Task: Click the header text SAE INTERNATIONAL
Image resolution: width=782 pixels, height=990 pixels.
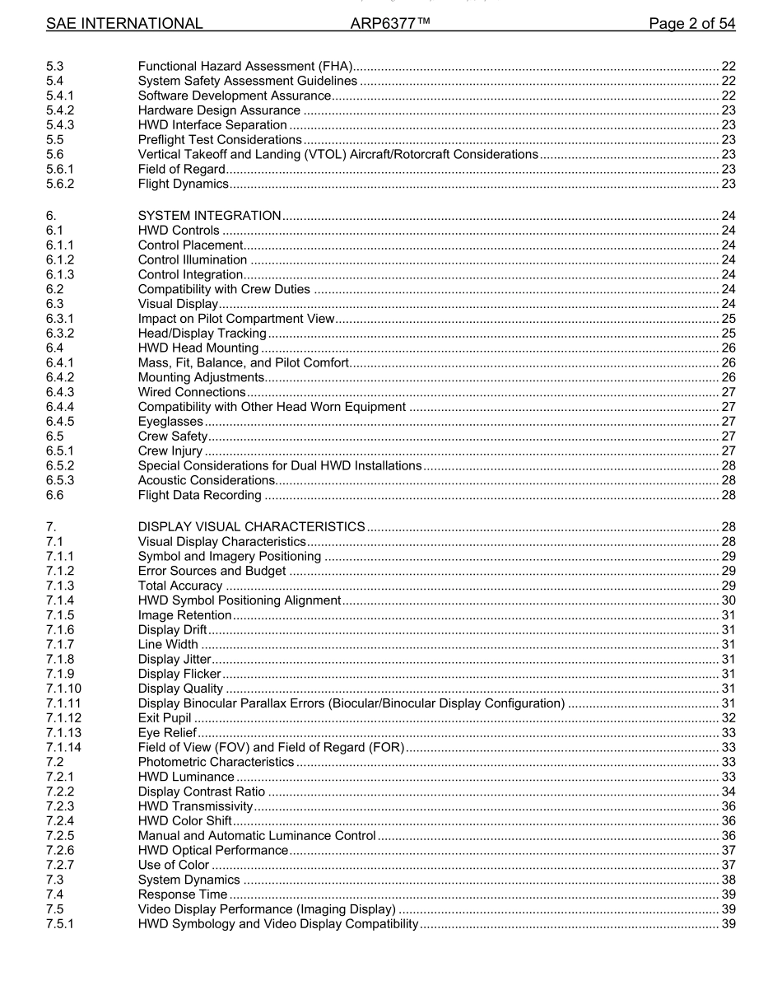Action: tap(124, 24)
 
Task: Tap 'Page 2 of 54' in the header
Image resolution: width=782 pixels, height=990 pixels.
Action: tap(691, 24)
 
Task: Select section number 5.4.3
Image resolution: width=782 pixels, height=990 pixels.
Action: tap(61, 124)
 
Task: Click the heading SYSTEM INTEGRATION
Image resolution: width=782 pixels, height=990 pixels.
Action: tap(209, 216)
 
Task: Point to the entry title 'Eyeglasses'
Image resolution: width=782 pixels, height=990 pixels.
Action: tap(170, 422)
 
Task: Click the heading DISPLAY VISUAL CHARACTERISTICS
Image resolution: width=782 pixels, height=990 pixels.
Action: tap(251, 526)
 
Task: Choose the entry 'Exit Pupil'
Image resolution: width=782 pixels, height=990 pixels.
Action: tap(165, 718)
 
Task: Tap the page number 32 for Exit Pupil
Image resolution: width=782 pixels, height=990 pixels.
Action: tap(728, 718)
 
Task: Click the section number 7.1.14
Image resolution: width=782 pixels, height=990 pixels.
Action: tap(64, 747)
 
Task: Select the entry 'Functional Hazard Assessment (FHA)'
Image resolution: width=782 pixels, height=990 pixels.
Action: tap(245, 66)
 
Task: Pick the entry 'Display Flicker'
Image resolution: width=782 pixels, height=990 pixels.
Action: tap(179, 674)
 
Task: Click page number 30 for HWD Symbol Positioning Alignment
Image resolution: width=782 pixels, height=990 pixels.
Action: tap(728, 600)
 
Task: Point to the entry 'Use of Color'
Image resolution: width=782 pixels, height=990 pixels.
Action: tap(174, 865)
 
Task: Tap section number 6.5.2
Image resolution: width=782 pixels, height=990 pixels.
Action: tap(61, 465)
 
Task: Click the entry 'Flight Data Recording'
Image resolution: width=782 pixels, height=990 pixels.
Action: tap(200, 495)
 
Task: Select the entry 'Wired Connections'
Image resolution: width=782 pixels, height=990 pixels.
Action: tap(192, 392)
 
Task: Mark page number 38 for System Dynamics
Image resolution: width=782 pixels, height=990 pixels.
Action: tap(728, 880)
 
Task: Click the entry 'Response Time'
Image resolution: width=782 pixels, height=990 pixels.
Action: tap(182, 894)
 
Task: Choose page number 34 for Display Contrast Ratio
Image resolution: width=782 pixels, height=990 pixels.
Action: tap(728, 792)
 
